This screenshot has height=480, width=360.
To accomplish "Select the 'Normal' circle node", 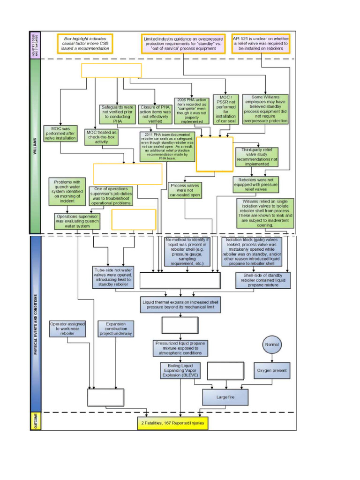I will point(272,345).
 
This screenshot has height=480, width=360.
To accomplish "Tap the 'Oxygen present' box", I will point(272,370).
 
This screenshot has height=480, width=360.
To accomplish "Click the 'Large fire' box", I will point(225,397).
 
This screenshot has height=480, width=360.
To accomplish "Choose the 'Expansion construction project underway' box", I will point(116,329).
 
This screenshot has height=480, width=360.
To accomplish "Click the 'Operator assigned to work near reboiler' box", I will point(67,329).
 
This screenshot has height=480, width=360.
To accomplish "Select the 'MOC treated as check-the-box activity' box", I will point(101,137).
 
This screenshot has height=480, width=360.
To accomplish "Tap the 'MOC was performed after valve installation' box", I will point(60,133).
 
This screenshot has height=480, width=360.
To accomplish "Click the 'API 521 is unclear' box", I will point(261,43).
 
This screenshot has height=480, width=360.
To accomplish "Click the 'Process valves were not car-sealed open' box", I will point(185,190).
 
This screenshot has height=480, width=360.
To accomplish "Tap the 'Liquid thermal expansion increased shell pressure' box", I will point(180,305).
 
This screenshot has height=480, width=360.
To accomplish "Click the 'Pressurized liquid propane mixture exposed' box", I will point(180,349).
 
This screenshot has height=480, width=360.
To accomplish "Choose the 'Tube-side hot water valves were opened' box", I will point(113,277).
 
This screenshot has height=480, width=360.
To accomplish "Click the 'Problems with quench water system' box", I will point(67,191).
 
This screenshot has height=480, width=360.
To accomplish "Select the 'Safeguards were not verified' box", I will point(117,114).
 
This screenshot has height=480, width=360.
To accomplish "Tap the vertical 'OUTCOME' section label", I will point(35,421).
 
